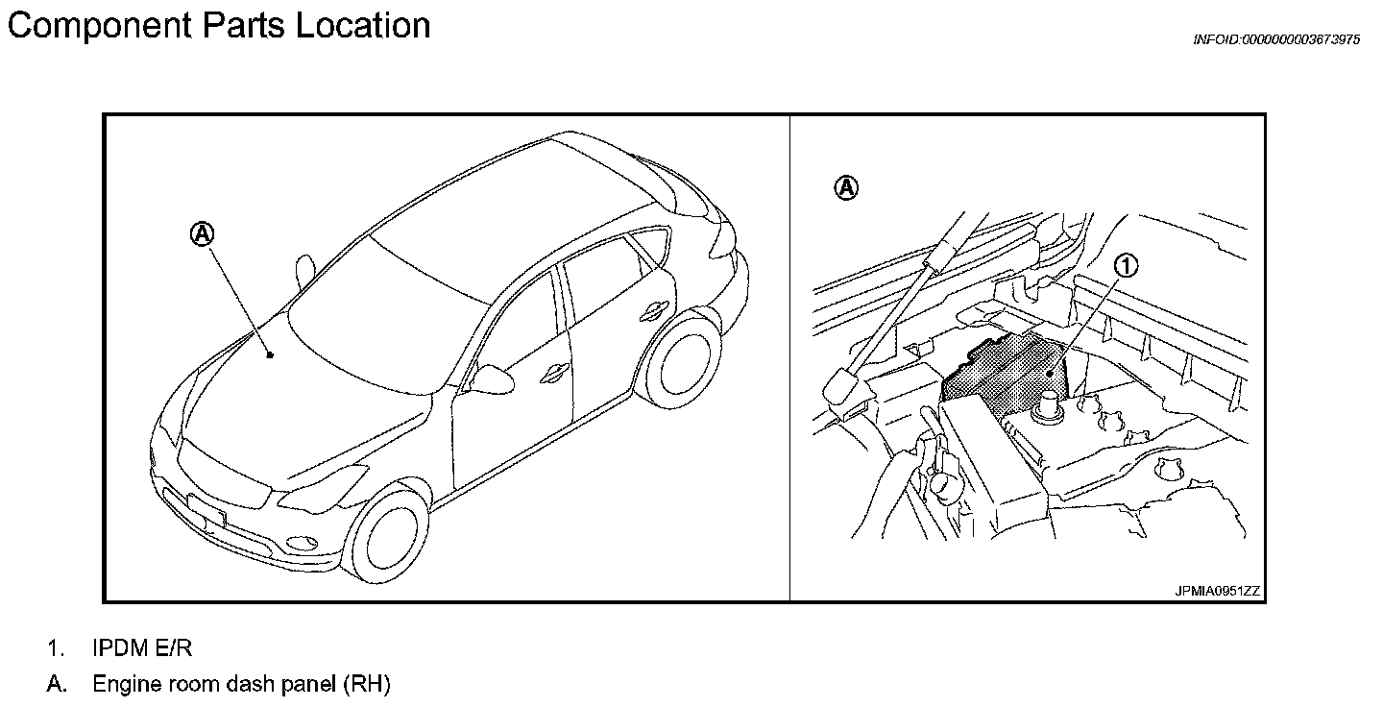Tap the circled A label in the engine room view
(845, 188)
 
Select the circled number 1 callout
(1127, 266)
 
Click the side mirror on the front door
(494, 379)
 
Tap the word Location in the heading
(363, 26)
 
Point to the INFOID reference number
(1275, 39)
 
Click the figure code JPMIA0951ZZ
(1215, 591)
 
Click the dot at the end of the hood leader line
(271, 355)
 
